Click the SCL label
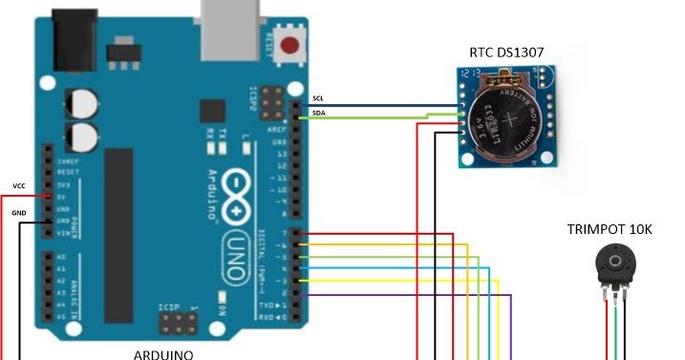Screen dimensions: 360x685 click(319, 98)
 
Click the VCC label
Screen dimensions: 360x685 click(18, 185)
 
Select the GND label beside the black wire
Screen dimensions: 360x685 click(18, 213)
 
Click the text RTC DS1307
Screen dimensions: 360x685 click(506, 52)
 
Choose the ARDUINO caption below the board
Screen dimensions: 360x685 click(162, 354)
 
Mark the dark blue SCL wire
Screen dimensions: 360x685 click(382, 105)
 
